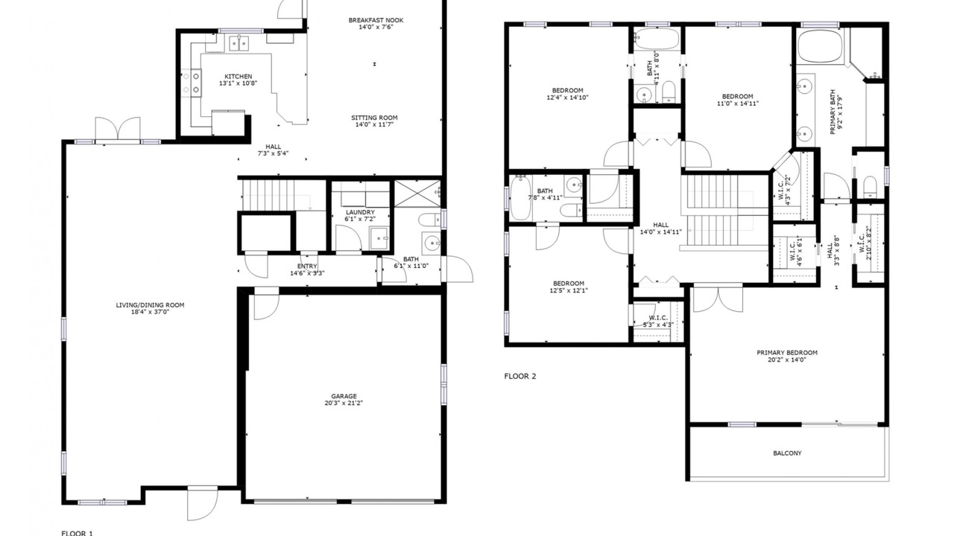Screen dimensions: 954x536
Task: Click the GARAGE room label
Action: tap(344, 396)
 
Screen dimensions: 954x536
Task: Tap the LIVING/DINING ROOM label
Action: tap(150, 305)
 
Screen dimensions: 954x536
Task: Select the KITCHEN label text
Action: tap(238, 77)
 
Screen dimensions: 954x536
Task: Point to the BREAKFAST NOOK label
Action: tap(376, 20)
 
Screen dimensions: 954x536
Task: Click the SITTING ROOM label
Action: tap(374, 118)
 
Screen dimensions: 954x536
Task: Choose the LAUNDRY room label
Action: tap(360, 212)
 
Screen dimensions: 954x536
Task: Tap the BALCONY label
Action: tap(787, 453)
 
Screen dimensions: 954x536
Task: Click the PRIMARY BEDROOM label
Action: tap(787, 353)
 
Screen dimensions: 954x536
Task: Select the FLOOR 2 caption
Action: tap(520, 376)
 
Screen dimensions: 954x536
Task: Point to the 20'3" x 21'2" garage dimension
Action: tap(344, 403)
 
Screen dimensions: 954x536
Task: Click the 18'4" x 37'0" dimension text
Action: tap(150, 312)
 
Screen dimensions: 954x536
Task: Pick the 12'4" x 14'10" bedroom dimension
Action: tap(568, 98)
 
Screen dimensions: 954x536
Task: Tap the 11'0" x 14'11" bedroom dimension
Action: tap(738, 103)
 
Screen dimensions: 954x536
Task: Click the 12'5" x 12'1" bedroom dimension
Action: tap(569, 290)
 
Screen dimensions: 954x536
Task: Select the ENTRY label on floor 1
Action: tap(307, 267)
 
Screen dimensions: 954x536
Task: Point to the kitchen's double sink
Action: tap(238, 43)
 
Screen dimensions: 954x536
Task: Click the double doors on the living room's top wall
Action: tap(118, 128)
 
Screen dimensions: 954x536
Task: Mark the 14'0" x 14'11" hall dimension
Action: tap(660, 232)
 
